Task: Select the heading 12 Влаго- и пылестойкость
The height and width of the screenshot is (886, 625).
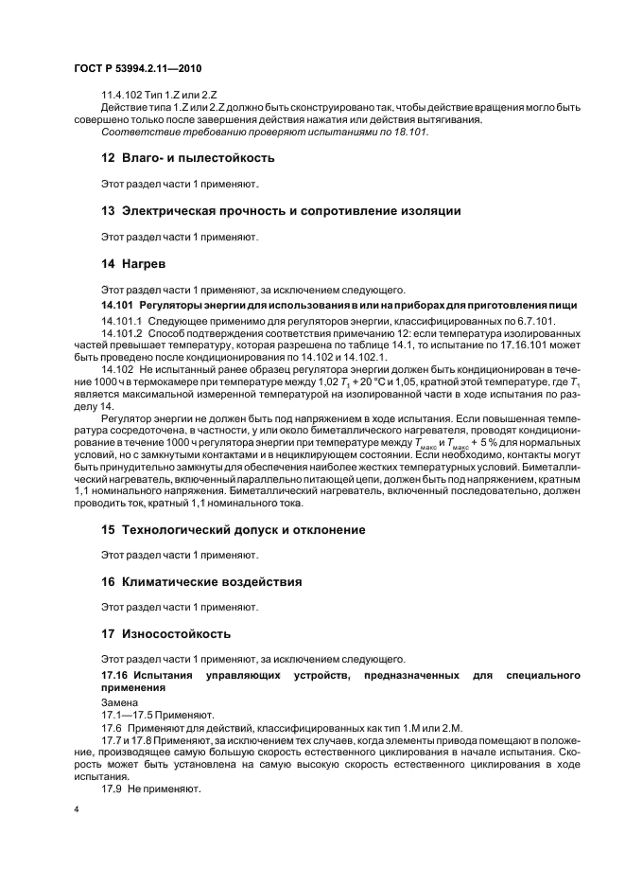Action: (x=187, y=157)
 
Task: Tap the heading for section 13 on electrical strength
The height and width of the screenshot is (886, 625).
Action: (x=281, y=211)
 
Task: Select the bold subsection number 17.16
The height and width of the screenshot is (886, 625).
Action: (x=113, y=674)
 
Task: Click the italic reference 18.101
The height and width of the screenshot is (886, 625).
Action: (x=411, y=133)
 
